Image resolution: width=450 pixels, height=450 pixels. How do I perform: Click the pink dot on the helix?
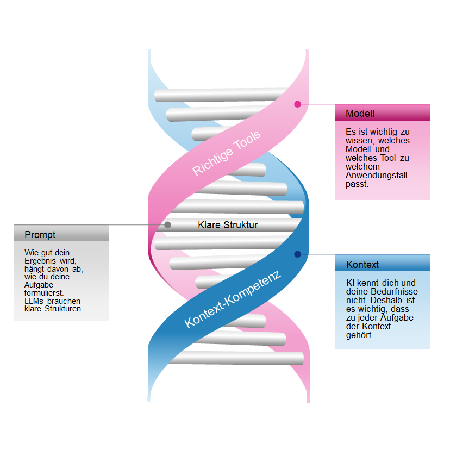pos(297,104)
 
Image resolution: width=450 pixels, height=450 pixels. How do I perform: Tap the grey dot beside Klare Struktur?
pos(167,224)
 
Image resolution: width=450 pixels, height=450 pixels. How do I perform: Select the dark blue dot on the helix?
pos(297,254)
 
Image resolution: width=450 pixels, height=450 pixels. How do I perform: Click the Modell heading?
pos(360,114)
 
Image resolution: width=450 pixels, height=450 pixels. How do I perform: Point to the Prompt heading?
pos(40,235)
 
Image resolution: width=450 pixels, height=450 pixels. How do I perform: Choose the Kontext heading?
pos(362,265)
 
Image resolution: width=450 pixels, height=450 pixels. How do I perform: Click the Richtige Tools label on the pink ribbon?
pos(227,153)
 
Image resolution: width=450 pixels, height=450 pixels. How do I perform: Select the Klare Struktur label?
pos(228,224)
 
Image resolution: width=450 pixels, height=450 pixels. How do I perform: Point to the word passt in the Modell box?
pos(357,184)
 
